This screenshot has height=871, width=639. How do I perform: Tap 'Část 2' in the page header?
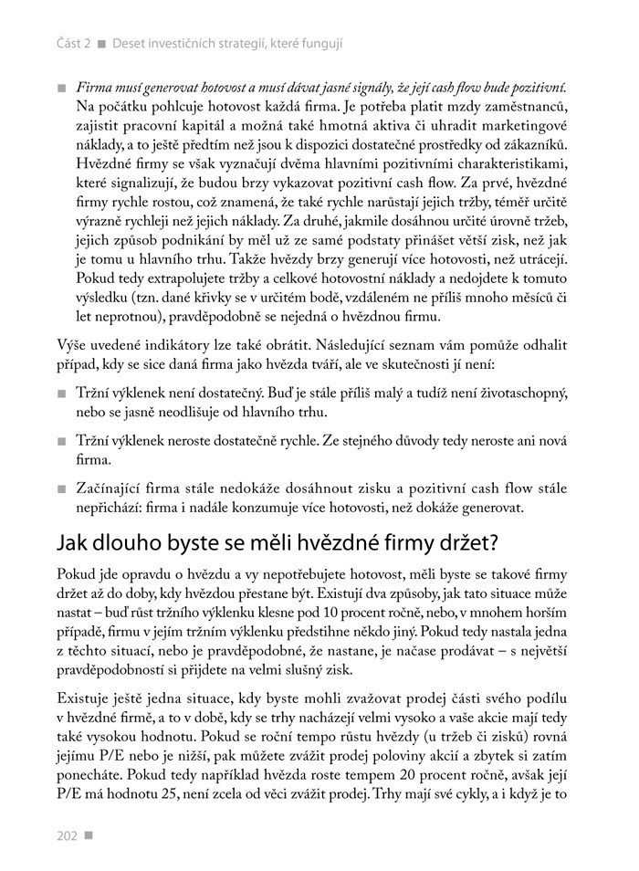(x=73, y=43)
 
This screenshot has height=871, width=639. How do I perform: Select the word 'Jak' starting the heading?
(x=75, y=543)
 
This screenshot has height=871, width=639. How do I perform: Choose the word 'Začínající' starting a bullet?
(x=108, y=488)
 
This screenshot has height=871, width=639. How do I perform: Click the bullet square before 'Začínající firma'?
(x=62, y=488)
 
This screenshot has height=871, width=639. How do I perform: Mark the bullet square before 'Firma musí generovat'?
(x=62, y=88)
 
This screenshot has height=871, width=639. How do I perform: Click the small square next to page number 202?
(x=89, y=834)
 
